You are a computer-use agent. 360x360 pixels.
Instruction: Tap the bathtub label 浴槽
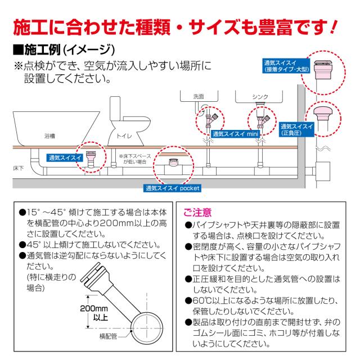click(x=50, y=136)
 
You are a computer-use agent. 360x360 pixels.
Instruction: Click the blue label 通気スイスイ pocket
click(x=173, y=188)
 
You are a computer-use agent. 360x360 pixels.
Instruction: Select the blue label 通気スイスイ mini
click(x=235, y=135)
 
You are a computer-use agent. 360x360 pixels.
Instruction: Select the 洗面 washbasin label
click(x=198, y=96)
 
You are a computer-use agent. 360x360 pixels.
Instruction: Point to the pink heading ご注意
click(x=198, y=212)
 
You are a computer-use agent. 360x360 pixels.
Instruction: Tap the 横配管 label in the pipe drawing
click(x=108, y=336)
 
